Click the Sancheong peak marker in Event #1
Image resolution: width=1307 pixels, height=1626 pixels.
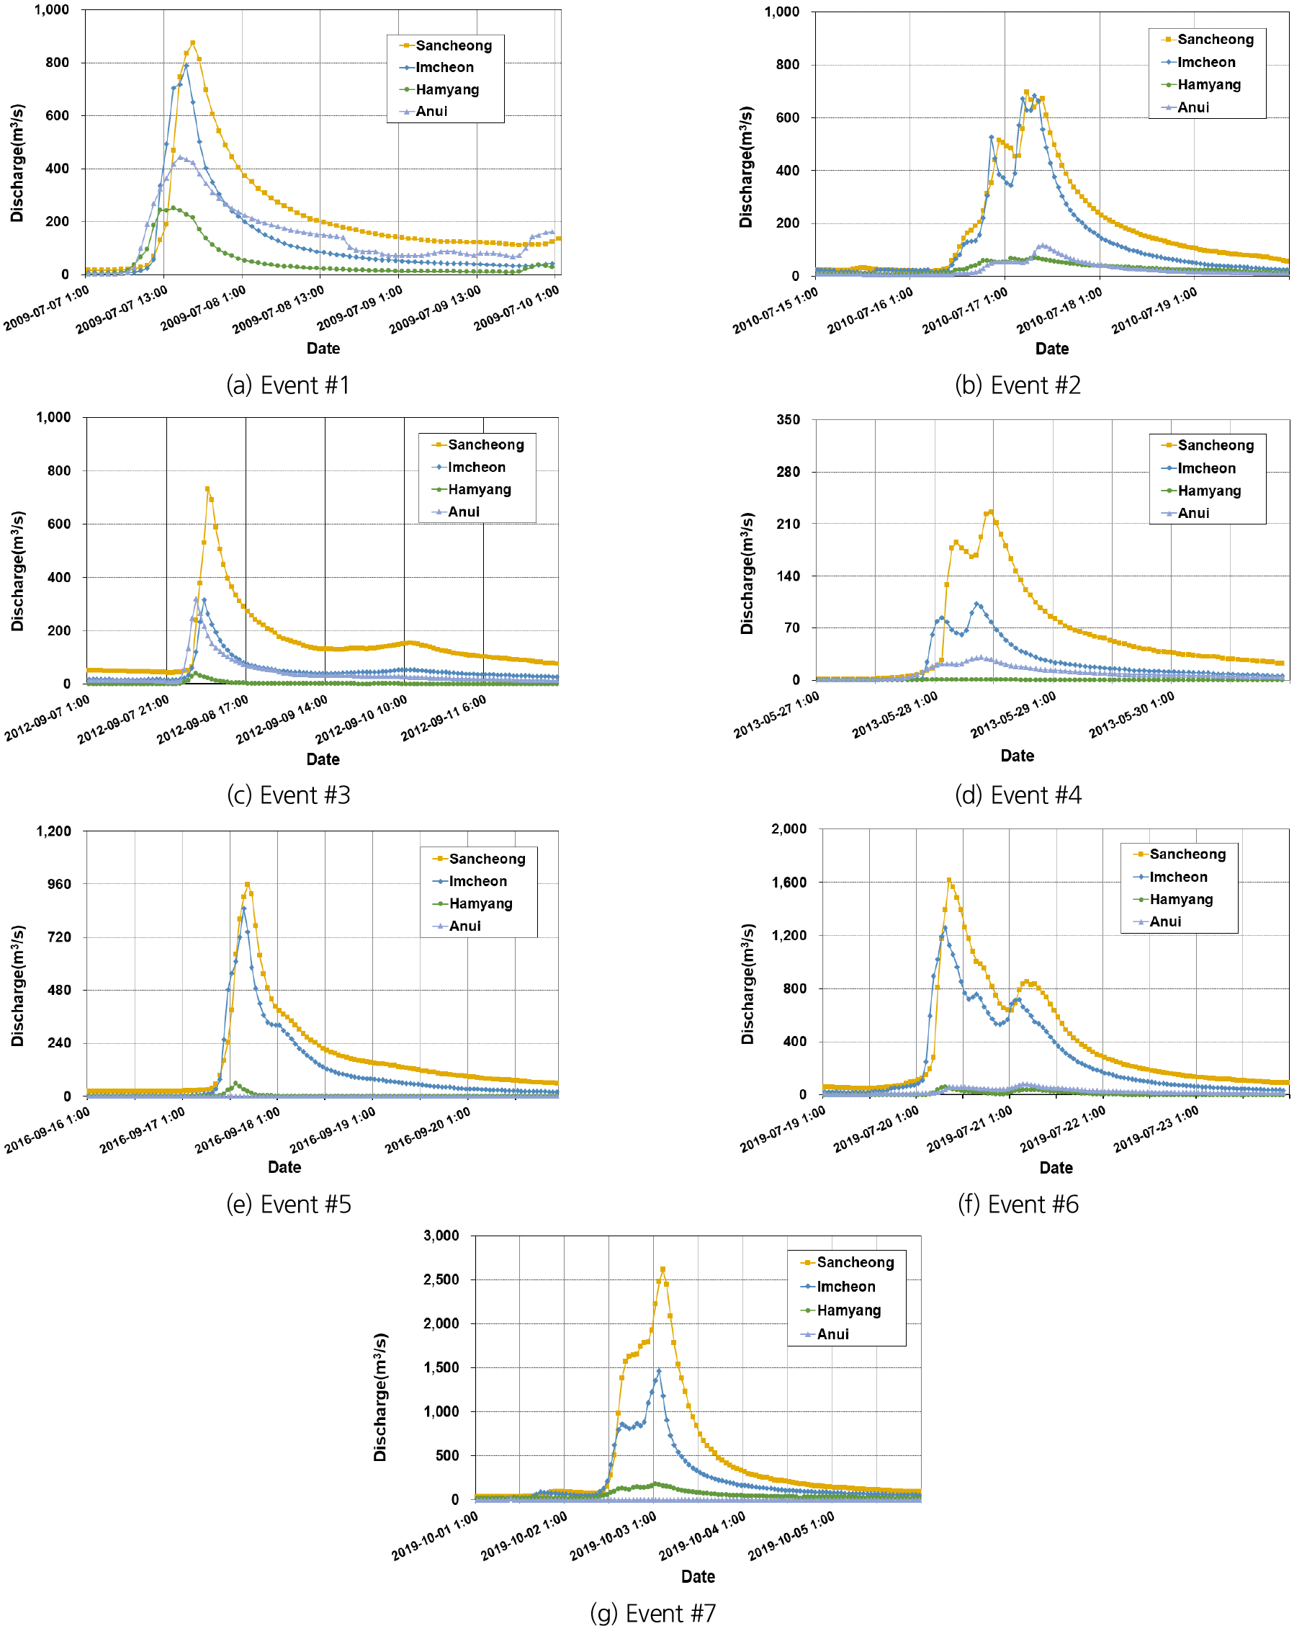193,43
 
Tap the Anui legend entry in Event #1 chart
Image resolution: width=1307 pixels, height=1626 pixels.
431,112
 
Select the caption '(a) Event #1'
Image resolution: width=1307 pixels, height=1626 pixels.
288,385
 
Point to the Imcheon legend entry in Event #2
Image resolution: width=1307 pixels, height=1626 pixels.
1206,63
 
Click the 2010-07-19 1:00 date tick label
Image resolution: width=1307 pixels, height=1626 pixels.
1154,310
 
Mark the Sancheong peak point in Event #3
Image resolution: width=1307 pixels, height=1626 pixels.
207,488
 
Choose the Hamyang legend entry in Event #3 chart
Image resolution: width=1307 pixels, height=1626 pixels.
480,489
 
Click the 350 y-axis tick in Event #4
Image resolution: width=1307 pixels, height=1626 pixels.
789,420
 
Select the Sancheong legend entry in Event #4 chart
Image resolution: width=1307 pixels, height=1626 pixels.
1215,446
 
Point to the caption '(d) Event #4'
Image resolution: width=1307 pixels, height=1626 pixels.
1018,795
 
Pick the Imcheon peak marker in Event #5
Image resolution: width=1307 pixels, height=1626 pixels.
243,908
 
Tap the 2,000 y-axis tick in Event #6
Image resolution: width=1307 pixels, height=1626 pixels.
789,828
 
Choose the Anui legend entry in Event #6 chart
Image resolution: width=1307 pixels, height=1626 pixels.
1165,921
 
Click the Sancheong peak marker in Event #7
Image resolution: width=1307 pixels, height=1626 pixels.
663,1269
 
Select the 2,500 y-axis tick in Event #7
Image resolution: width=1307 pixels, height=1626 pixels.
441,1279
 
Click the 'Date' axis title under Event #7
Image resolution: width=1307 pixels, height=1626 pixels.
698,1576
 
